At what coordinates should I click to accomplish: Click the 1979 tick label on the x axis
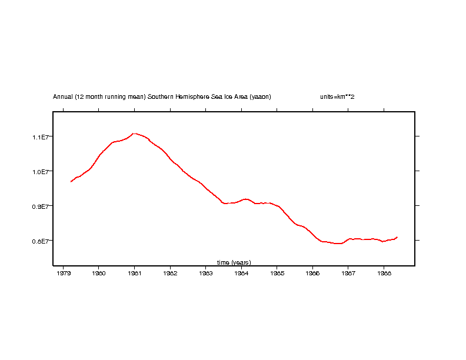click(x=63, y=273)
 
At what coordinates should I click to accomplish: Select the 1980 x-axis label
click(x=99, y=273)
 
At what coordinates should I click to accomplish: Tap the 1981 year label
click(x=134, y=273)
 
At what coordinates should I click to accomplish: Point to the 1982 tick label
click(x=170, y=273)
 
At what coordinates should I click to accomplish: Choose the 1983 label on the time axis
click(x=205, y=273)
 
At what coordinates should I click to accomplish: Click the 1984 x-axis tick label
click(x=241, y=273)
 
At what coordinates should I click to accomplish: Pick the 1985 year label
click(x=277, y=273)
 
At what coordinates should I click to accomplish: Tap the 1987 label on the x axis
click(x=348, y=273)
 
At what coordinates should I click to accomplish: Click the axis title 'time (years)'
click(x=234, y=262)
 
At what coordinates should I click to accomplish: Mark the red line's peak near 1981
click(x=135, y=134)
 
